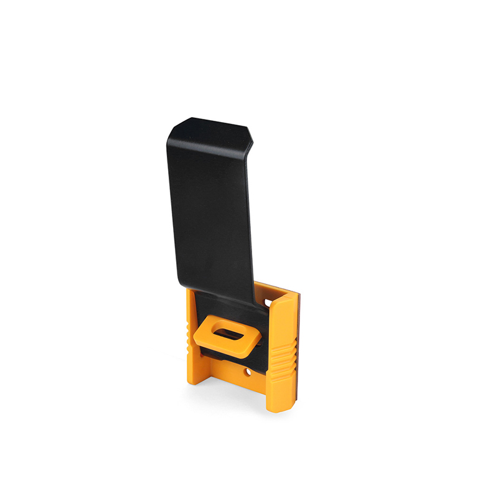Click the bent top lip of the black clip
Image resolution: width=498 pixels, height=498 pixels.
coord(212,129)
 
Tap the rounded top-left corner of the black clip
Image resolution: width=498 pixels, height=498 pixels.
coord(172,128)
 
